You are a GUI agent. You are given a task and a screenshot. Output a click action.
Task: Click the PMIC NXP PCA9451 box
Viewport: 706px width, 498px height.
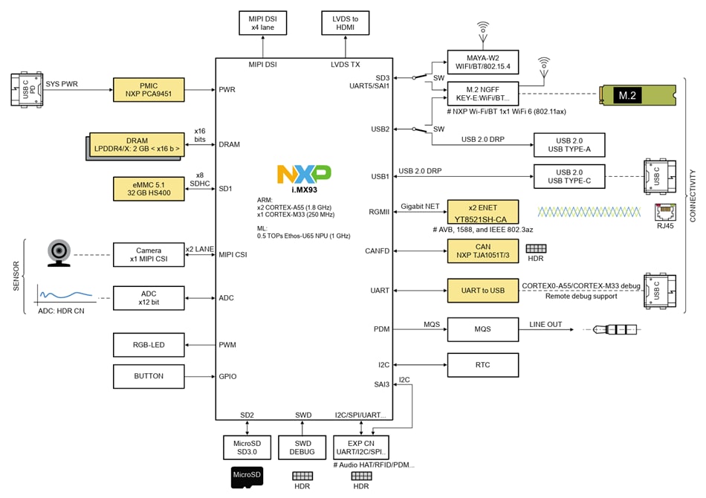148,89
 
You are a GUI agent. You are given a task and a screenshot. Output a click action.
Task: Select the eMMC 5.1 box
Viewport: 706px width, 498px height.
148,188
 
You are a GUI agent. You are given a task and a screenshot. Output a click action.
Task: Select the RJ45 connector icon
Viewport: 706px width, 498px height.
664,212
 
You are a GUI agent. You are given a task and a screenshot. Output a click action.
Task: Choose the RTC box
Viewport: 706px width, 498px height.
482,365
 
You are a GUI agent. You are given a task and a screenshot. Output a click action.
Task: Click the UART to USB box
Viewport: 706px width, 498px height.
482,291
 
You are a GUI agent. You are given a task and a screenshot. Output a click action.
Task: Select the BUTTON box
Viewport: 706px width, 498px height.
148,376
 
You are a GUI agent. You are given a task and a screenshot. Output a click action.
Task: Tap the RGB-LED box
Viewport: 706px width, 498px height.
148,345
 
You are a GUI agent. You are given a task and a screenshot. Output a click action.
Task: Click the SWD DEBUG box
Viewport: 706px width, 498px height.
302,447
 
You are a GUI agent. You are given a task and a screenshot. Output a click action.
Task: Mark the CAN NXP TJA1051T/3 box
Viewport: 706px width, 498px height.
482,251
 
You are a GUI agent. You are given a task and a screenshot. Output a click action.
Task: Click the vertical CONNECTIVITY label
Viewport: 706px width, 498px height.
693,195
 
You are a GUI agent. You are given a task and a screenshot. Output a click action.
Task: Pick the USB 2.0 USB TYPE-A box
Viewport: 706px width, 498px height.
569,145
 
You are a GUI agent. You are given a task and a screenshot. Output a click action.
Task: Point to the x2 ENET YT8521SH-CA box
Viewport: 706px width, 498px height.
482,212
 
